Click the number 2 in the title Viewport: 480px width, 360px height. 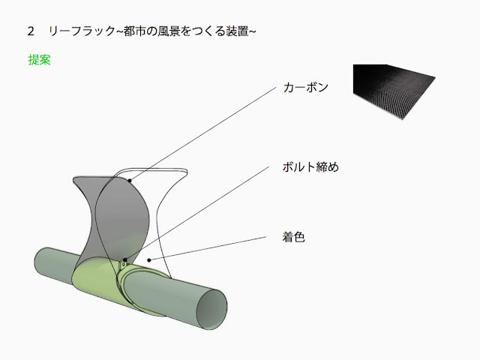coord(31,31)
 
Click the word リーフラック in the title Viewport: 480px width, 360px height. coord(80,31)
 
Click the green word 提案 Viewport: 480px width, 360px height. coord(39,60)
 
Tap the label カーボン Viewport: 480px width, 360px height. coord(305,87)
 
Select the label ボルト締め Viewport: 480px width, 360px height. coord(309,166)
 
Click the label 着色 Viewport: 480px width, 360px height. coord(293,237)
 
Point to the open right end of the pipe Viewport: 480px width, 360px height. coord(212,310)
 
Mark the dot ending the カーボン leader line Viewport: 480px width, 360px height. coord(129,181)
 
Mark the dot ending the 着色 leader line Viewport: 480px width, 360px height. coord(149,260)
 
